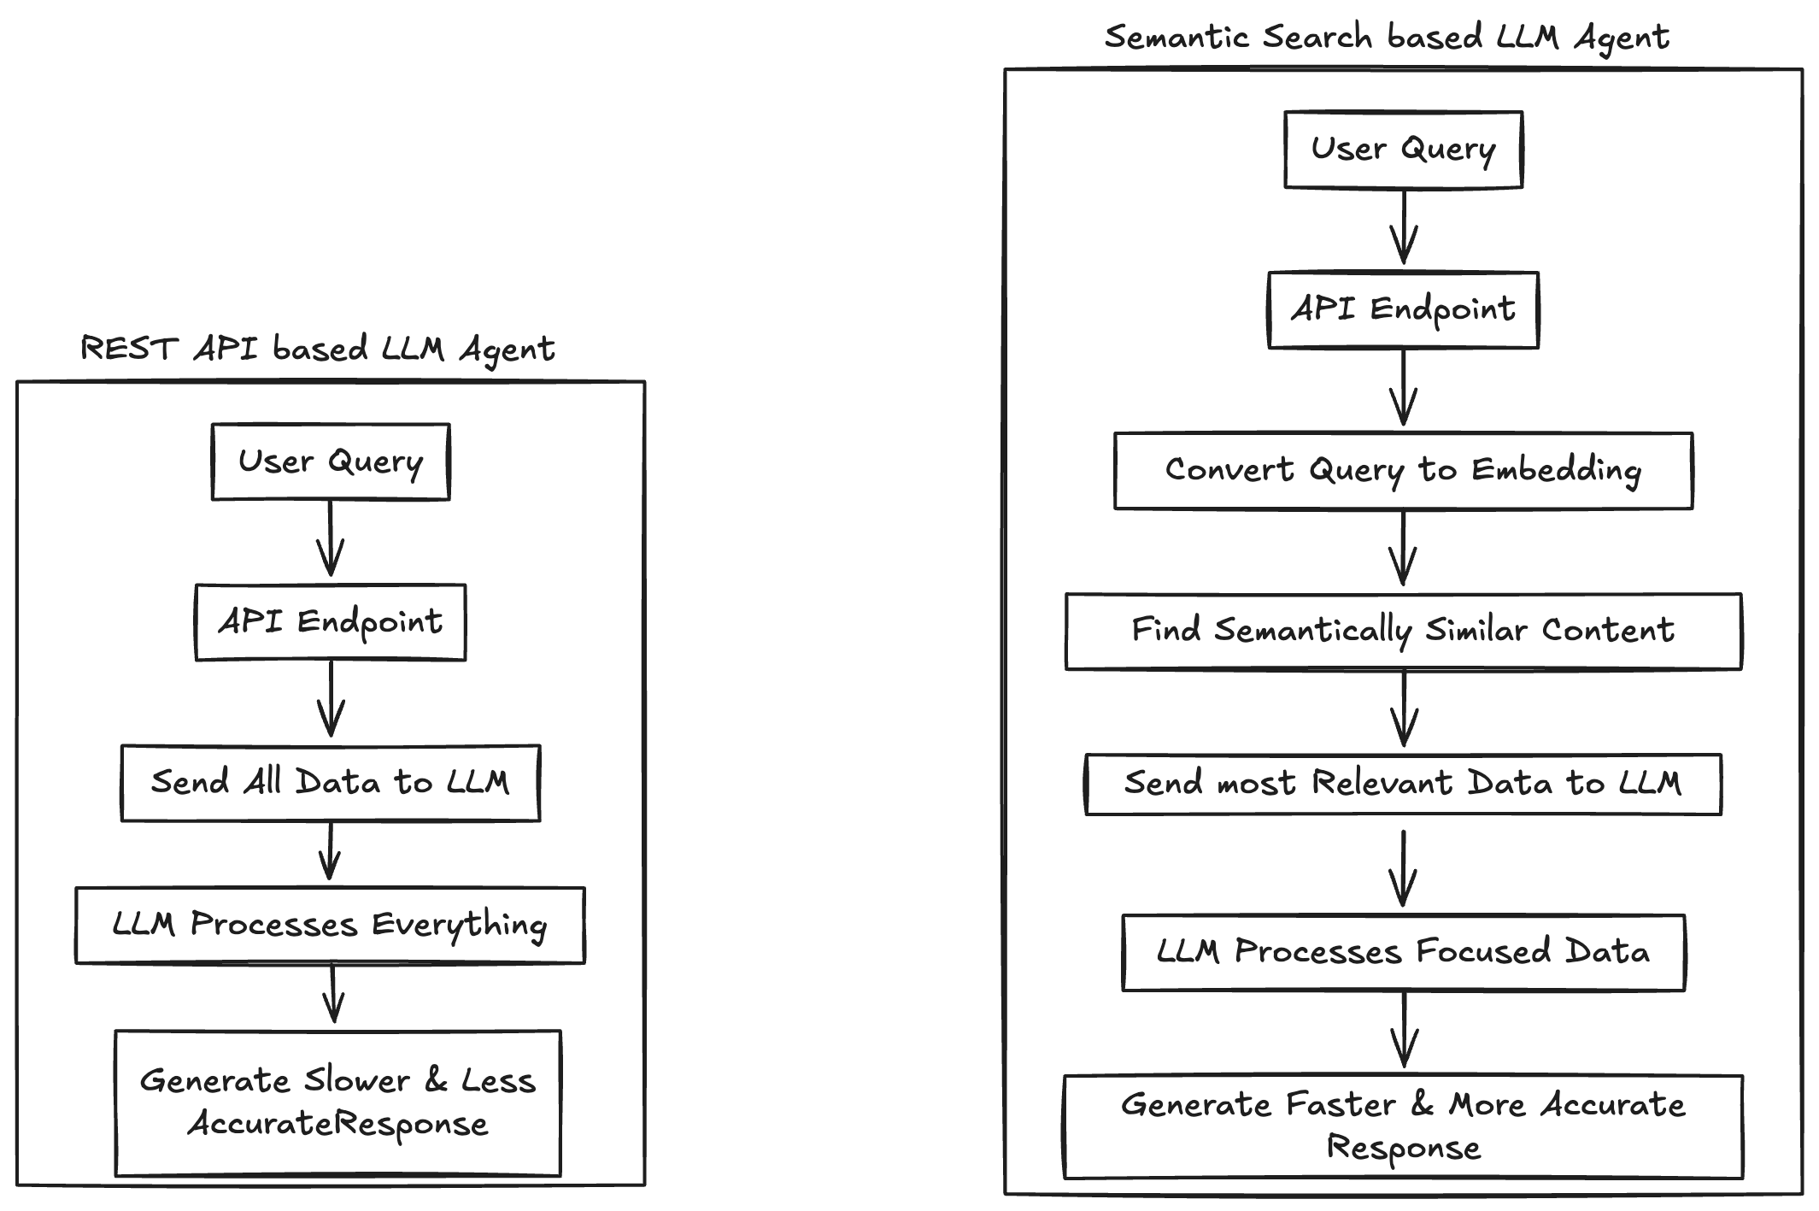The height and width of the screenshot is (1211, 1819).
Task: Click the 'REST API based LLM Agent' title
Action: pyautogui.click(x=317, y=349)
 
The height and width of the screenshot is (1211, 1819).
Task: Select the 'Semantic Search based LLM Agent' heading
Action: pyautogui.click(x=1386, y=38)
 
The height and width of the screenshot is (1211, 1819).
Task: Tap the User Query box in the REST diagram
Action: pyautogui.click(x=331, y=461)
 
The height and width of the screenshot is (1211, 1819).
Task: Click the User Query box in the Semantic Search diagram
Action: pyautogui.click(x=1403, y=149)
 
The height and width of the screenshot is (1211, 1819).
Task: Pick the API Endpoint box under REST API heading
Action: pyautogui.click(x=331, y=622)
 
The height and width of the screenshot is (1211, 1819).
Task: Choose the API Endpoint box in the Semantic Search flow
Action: pyautogui.click(x=1403, y=309)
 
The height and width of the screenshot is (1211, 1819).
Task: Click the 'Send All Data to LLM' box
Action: pyautogui.click(x=331, y=783)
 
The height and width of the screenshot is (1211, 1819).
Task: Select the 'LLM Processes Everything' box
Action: pyautogui.click(x=331, y=925)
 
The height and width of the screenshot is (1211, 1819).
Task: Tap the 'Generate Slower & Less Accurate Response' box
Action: pyautogui.click(x=338, y=1102)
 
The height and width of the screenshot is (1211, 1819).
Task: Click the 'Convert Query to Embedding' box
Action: pyautogui.click(x=1403, y=470)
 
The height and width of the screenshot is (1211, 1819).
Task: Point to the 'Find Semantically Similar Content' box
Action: pyautogui.click(x=1403, y=631)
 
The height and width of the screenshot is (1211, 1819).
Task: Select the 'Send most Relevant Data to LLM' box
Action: pyautogui.click(x=1403, y=784)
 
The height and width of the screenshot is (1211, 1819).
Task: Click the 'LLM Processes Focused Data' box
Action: pyautogui.click(x=1403, y=952)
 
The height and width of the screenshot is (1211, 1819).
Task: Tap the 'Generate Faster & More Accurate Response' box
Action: pyautogui.click(x=1403, y=1126)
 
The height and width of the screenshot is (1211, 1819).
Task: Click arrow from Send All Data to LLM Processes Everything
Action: pyautogui.click(x=330, y=853)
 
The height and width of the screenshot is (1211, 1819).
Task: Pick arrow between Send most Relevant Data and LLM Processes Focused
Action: pyautogui.click(x=1403, y=868)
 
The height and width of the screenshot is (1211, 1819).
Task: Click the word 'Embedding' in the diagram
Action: pyautogui.click(x=1556, y=470)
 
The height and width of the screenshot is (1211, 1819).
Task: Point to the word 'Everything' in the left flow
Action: pyautogui.click(x=460, y=926)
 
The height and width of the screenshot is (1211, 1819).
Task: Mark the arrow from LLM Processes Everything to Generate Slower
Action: pyautogui.click(x=333, y=995)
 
